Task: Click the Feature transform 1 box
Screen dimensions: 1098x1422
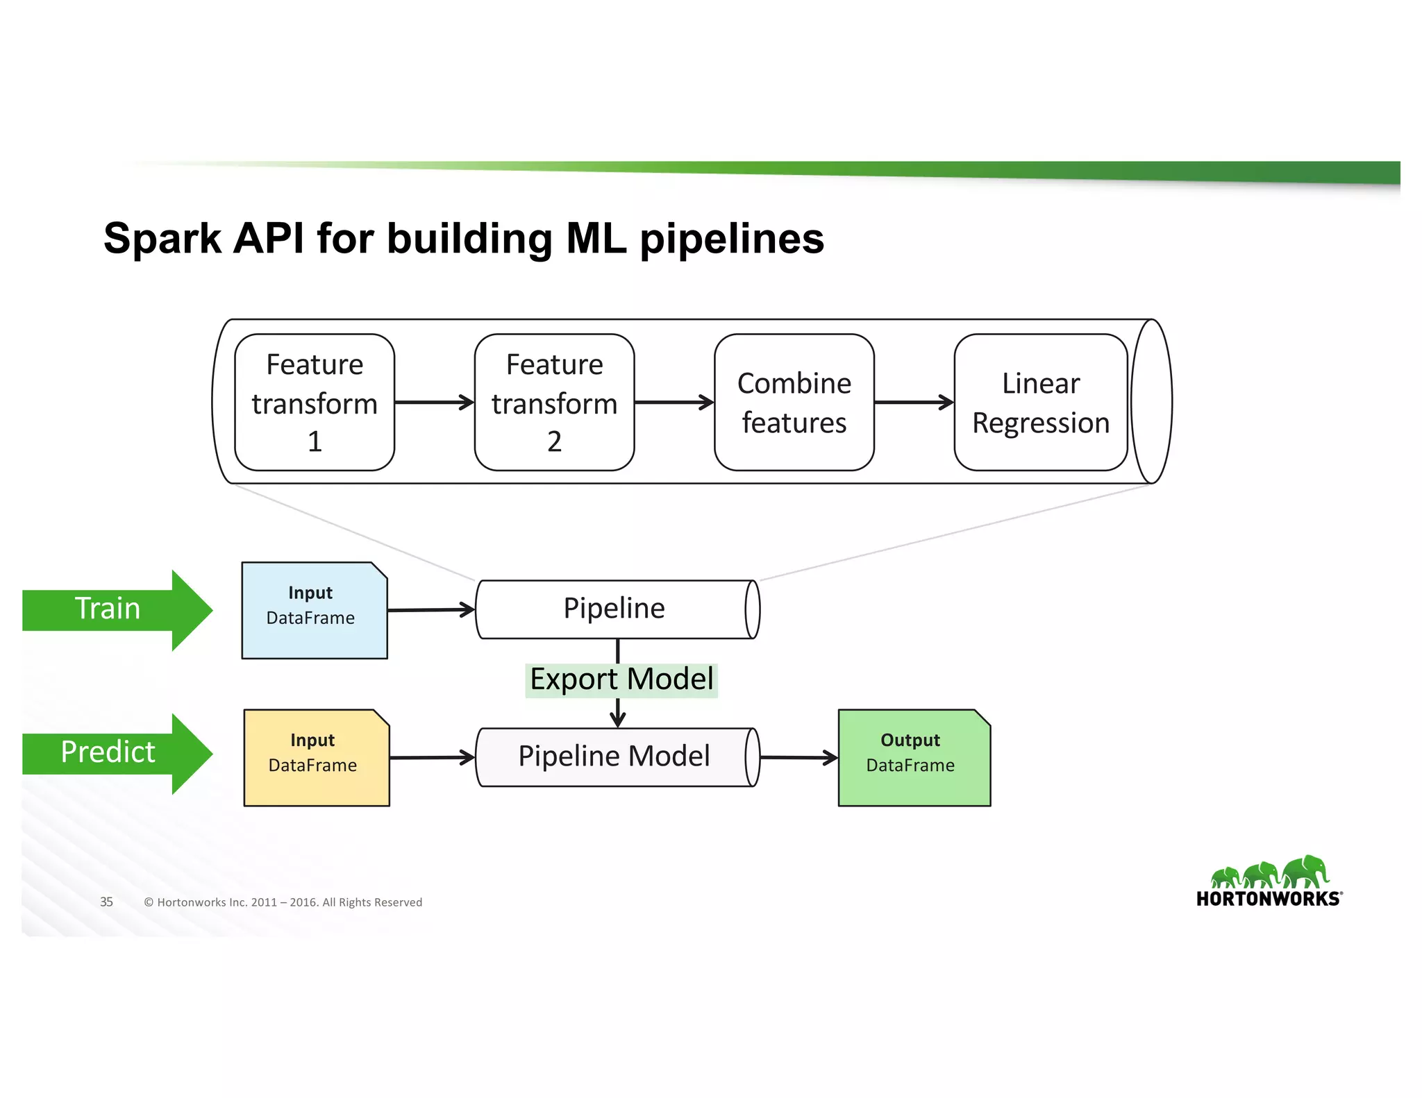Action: coord(315,403)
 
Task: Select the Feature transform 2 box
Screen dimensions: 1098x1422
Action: coord(554,403)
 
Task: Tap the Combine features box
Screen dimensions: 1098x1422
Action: coord(794,403)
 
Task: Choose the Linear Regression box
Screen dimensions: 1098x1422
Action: coord(1040,403)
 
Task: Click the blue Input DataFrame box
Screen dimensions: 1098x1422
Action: coord(314,611)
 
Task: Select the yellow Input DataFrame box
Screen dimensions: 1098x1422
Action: coord(317,758)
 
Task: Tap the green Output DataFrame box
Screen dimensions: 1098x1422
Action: coord(914,758)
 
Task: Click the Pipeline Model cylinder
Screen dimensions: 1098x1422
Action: coord(614,757)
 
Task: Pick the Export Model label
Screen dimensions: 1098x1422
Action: coord(621,679)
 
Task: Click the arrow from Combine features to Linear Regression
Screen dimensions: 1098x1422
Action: coord(914,402)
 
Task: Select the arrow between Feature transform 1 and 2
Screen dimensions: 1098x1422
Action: coord(434,402)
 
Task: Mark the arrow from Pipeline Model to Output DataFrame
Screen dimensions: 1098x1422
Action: coord(798,757)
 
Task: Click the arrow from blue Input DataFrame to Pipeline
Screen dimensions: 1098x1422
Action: coord(430,610)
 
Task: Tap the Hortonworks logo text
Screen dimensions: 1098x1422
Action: coord(1268,899)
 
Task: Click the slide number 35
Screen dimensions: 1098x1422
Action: coord(106,902)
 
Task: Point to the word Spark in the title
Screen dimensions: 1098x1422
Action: coord(162,239)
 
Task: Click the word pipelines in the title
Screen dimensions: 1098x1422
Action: coord(732,239)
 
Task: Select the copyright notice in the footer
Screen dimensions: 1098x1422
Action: coord(283,902)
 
